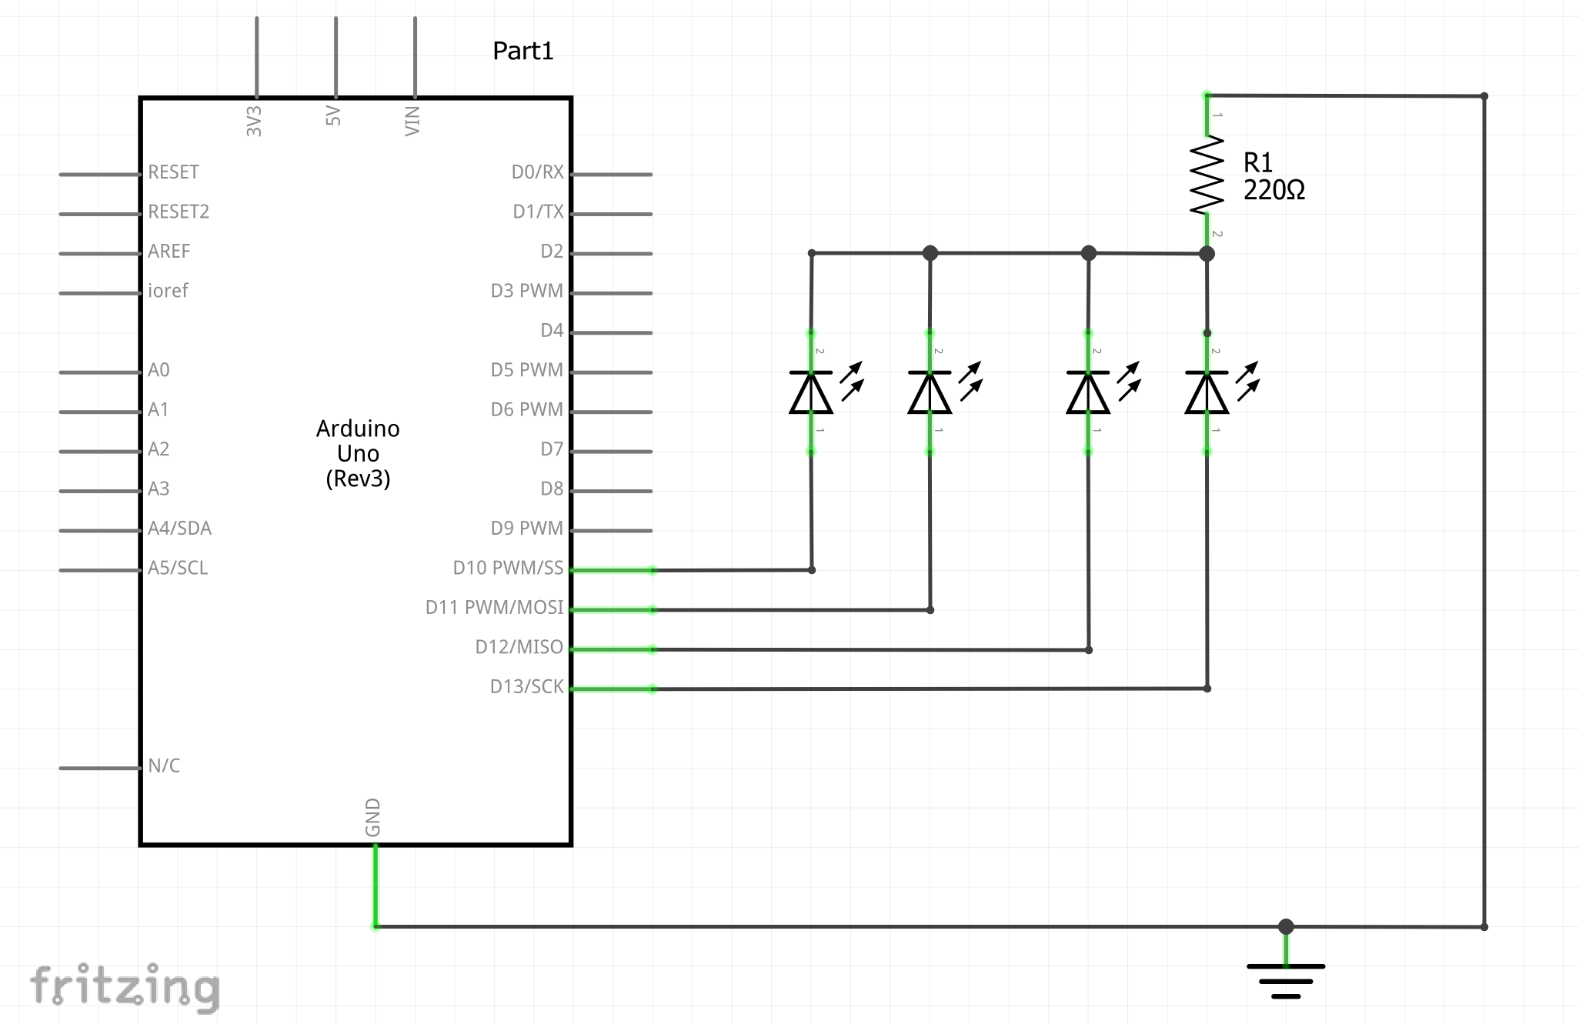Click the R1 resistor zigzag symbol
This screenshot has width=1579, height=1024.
point(1207,175)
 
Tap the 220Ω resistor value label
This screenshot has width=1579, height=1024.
point(1274,190)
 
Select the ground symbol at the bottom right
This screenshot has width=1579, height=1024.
point(1286,981)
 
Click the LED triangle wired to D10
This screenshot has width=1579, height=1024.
point(811,392)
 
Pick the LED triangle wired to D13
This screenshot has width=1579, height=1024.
point(1207,392)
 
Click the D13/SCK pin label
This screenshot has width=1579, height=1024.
point(527,686)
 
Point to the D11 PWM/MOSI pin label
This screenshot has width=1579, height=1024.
point(495,607)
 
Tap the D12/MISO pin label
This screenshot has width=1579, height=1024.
point(519,647)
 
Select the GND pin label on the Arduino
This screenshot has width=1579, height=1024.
point(372,817)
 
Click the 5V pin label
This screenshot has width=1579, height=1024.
point(332,116)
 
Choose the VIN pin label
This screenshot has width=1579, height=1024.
point(412,121)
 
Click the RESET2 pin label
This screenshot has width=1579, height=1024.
point(179,212)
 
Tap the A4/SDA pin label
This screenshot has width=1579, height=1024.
point(179,528)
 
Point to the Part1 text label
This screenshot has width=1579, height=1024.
point(523,51)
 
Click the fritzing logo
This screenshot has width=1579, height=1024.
point(125,987)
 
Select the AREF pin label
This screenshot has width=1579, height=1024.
point(169,251)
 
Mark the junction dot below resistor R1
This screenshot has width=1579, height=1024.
point(1207,253)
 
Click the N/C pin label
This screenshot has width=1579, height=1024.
point(164,765)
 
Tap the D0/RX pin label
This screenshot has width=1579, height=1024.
point(538,172)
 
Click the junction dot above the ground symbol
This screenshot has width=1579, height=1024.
point(1286,926)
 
